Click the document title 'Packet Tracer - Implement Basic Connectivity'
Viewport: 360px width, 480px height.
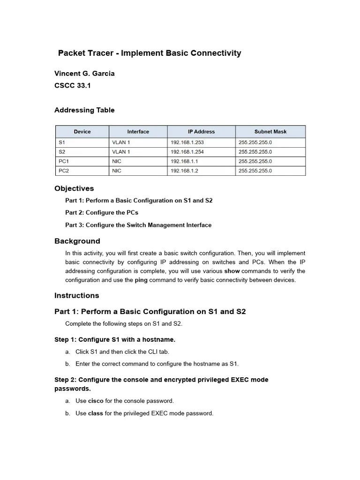point(150,53)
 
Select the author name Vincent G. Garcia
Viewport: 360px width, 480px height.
point(84,74)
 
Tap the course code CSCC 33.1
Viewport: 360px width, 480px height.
point(73,86)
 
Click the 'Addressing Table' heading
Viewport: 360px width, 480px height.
point(84,110)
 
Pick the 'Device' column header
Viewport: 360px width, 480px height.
point(82,132)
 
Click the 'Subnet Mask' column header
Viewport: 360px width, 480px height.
point(270,132)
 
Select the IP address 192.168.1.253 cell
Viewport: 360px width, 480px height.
point(187,142)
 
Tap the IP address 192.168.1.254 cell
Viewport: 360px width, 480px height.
point(187,152)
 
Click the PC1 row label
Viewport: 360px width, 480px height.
point(64,161)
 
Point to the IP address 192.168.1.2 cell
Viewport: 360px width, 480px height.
point(184,171)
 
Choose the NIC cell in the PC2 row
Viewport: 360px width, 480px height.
point(117,171)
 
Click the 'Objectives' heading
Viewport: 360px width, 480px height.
point(74,188)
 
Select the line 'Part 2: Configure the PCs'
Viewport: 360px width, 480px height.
point(102,213)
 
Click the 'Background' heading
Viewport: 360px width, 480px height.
point(77,241)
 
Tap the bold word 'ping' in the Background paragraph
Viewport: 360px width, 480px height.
point(141,280)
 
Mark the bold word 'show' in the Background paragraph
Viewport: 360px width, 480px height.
point(232,271)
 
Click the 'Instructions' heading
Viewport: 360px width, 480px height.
point(77,296)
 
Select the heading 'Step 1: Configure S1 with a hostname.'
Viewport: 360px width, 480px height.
point(115,339)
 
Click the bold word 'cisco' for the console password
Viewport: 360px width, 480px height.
point(96,401)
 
